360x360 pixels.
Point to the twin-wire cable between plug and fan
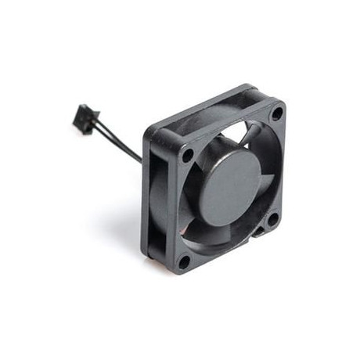point(117,141)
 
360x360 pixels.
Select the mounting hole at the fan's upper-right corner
point(275,113)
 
